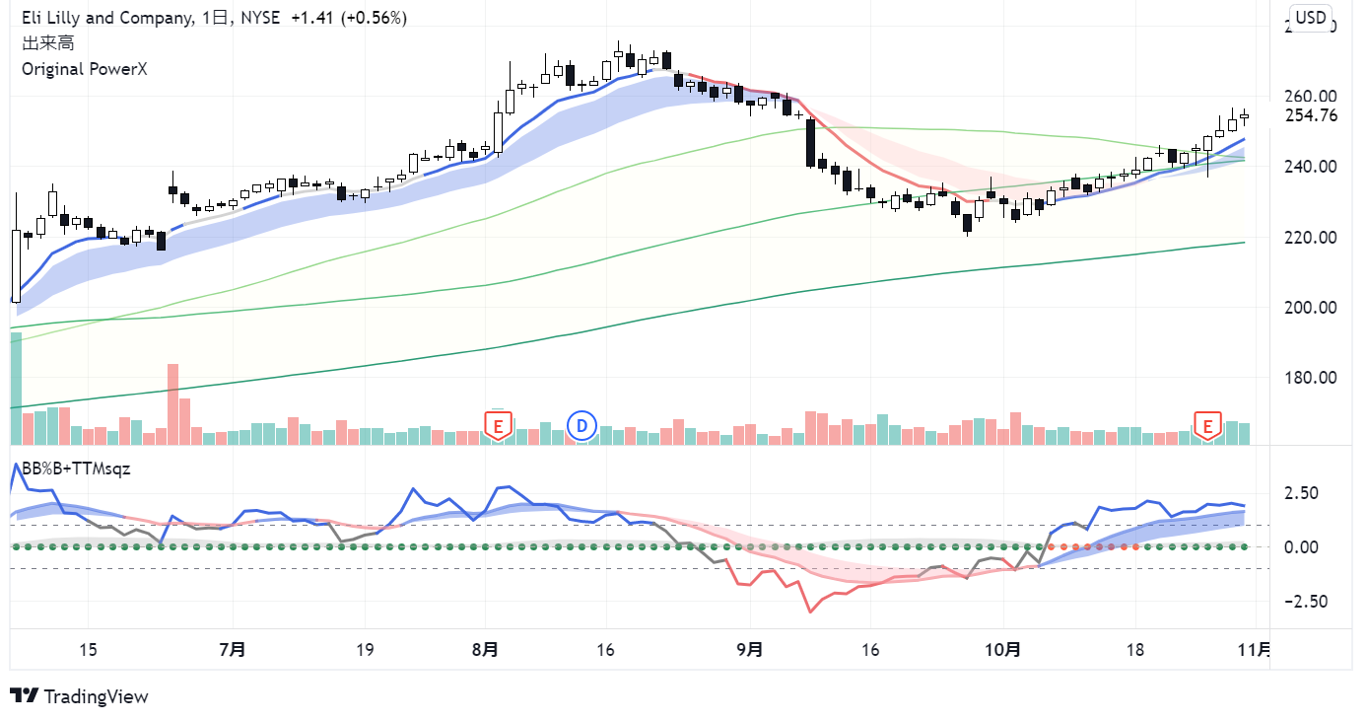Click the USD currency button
pyautogui.click(x=1311, y=18)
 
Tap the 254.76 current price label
pyautogui.click(x=1311, y=115)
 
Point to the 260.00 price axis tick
pyautogui.click(x=1311, y=97)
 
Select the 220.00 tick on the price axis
pyautogui.click(x=1311, y=237)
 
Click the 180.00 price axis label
pyautogui.click(x=1311, y=377)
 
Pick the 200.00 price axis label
pyautogui.click(x=1311, y=307)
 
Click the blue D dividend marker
pyautogui.click(x=582, y=426)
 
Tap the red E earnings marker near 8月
pyautogui.click(x=498, y=426)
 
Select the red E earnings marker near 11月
pyautogui.click(x=1207, y=426)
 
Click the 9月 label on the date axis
pyautogui.click(x=750, y=649)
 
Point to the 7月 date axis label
pyautogui.click(x=233, y=649)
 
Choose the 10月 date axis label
pyautogui.click(x=1003, y=649)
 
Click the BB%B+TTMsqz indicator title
pyautogui.click(x=76, y=469)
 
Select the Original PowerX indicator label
pyautogui.click(x=84, y=69)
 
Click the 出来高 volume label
pyautogui.click(x=47, y=43)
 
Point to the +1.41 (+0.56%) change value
pyautogui.click(x=349, y=18)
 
